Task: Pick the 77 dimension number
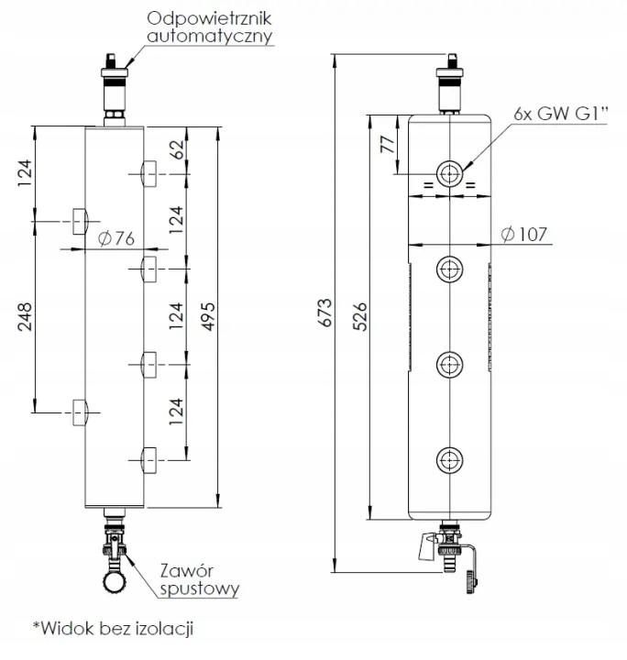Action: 385,145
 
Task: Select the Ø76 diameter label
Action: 115,238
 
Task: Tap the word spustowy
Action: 196,588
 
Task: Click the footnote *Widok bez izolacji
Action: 114,629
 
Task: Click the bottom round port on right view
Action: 449,457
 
